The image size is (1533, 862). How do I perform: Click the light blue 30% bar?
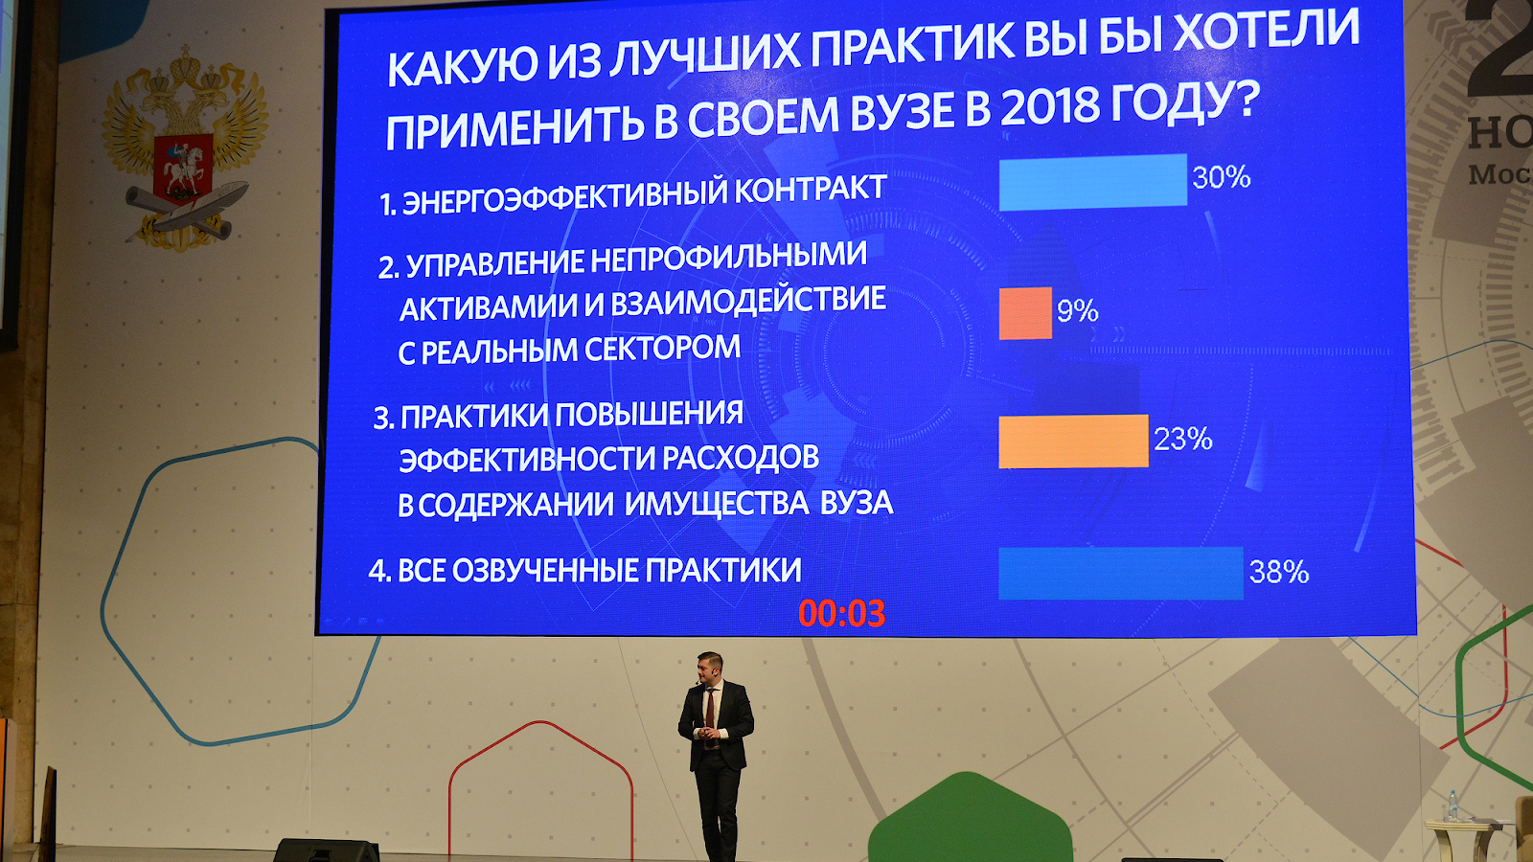coord(1093,181)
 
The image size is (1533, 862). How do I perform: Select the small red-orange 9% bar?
coord(1025,313)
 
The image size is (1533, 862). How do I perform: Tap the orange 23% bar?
coord(1074,442)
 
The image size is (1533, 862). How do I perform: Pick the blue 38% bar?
coord(1121,574)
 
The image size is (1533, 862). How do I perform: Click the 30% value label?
coord(1222,177)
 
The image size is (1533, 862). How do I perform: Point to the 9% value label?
coord(1078,311)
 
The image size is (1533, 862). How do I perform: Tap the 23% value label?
coord(1183,440)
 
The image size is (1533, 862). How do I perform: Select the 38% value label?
coord(1279,572)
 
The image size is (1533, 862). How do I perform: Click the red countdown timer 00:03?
coord(842,614)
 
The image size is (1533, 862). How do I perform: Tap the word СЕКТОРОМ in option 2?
coord(662,349)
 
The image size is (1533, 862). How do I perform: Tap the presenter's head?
coord(710,668)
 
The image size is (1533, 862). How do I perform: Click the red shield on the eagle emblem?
coord(183,168)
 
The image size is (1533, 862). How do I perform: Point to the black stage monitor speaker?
coord(327,851)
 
